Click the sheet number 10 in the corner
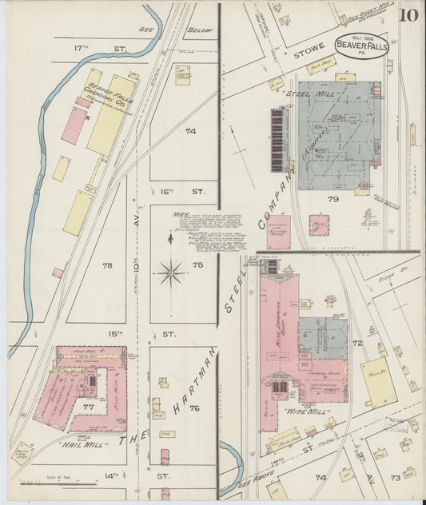(x=408, y=15)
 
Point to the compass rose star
(x=171, y=272)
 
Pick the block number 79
(x=332, y=199)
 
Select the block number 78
(x=108, y=263)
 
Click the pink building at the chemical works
(x=74, y=125)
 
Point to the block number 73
(x=395, y=477)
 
